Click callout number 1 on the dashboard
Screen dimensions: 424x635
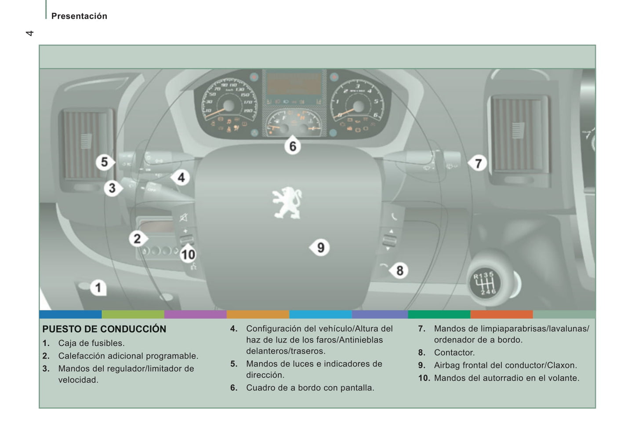98,288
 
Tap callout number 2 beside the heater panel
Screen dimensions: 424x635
137,239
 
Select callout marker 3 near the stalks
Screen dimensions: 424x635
112,188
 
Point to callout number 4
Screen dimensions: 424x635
181,178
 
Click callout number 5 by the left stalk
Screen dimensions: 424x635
104,162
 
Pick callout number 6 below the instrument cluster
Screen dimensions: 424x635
293,146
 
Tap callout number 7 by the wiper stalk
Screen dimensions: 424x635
478,164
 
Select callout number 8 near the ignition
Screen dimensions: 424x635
399,270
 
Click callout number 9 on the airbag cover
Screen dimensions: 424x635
321,248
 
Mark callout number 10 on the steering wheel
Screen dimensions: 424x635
188,254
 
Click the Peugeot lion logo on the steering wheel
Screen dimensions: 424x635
287,203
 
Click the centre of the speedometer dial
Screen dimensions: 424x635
229,106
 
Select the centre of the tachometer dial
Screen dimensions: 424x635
359,106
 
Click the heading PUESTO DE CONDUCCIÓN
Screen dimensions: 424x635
104,329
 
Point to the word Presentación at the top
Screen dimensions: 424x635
79,16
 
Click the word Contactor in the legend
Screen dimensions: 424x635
454,353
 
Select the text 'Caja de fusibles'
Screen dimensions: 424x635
91,343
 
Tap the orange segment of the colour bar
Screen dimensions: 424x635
258,314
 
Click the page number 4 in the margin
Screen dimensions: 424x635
29,33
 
